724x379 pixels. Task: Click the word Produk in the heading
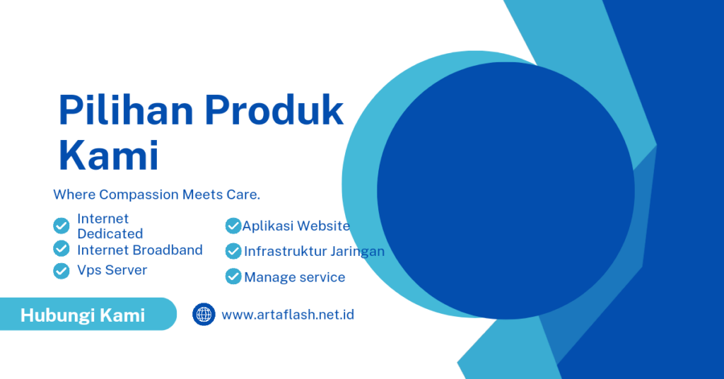tap(275, 110)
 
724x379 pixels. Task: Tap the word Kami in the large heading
tap(108, 155)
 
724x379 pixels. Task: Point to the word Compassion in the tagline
tap(139, 195)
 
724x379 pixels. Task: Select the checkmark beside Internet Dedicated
tap(62, 226)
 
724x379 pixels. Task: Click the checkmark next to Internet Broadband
tap(62, 248)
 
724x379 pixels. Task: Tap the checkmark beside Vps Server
tap(62, 271)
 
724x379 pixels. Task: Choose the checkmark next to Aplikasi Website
tap(233, 226)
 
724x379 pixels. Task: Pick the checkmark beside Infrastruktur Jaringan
tap(233, 251)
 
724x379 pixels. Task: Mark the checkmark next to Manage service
tap(233, 276)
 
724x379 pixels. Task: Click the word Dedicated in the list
tap(110, 233)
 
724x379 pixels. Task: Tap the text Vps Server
tap(112, 270)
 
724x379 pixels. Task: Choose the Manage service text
tap(295, 277)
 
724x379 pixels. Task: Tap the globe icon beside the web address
tap(204, 315)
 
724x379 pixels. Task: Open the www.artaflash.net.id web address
tap(288, 315)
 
